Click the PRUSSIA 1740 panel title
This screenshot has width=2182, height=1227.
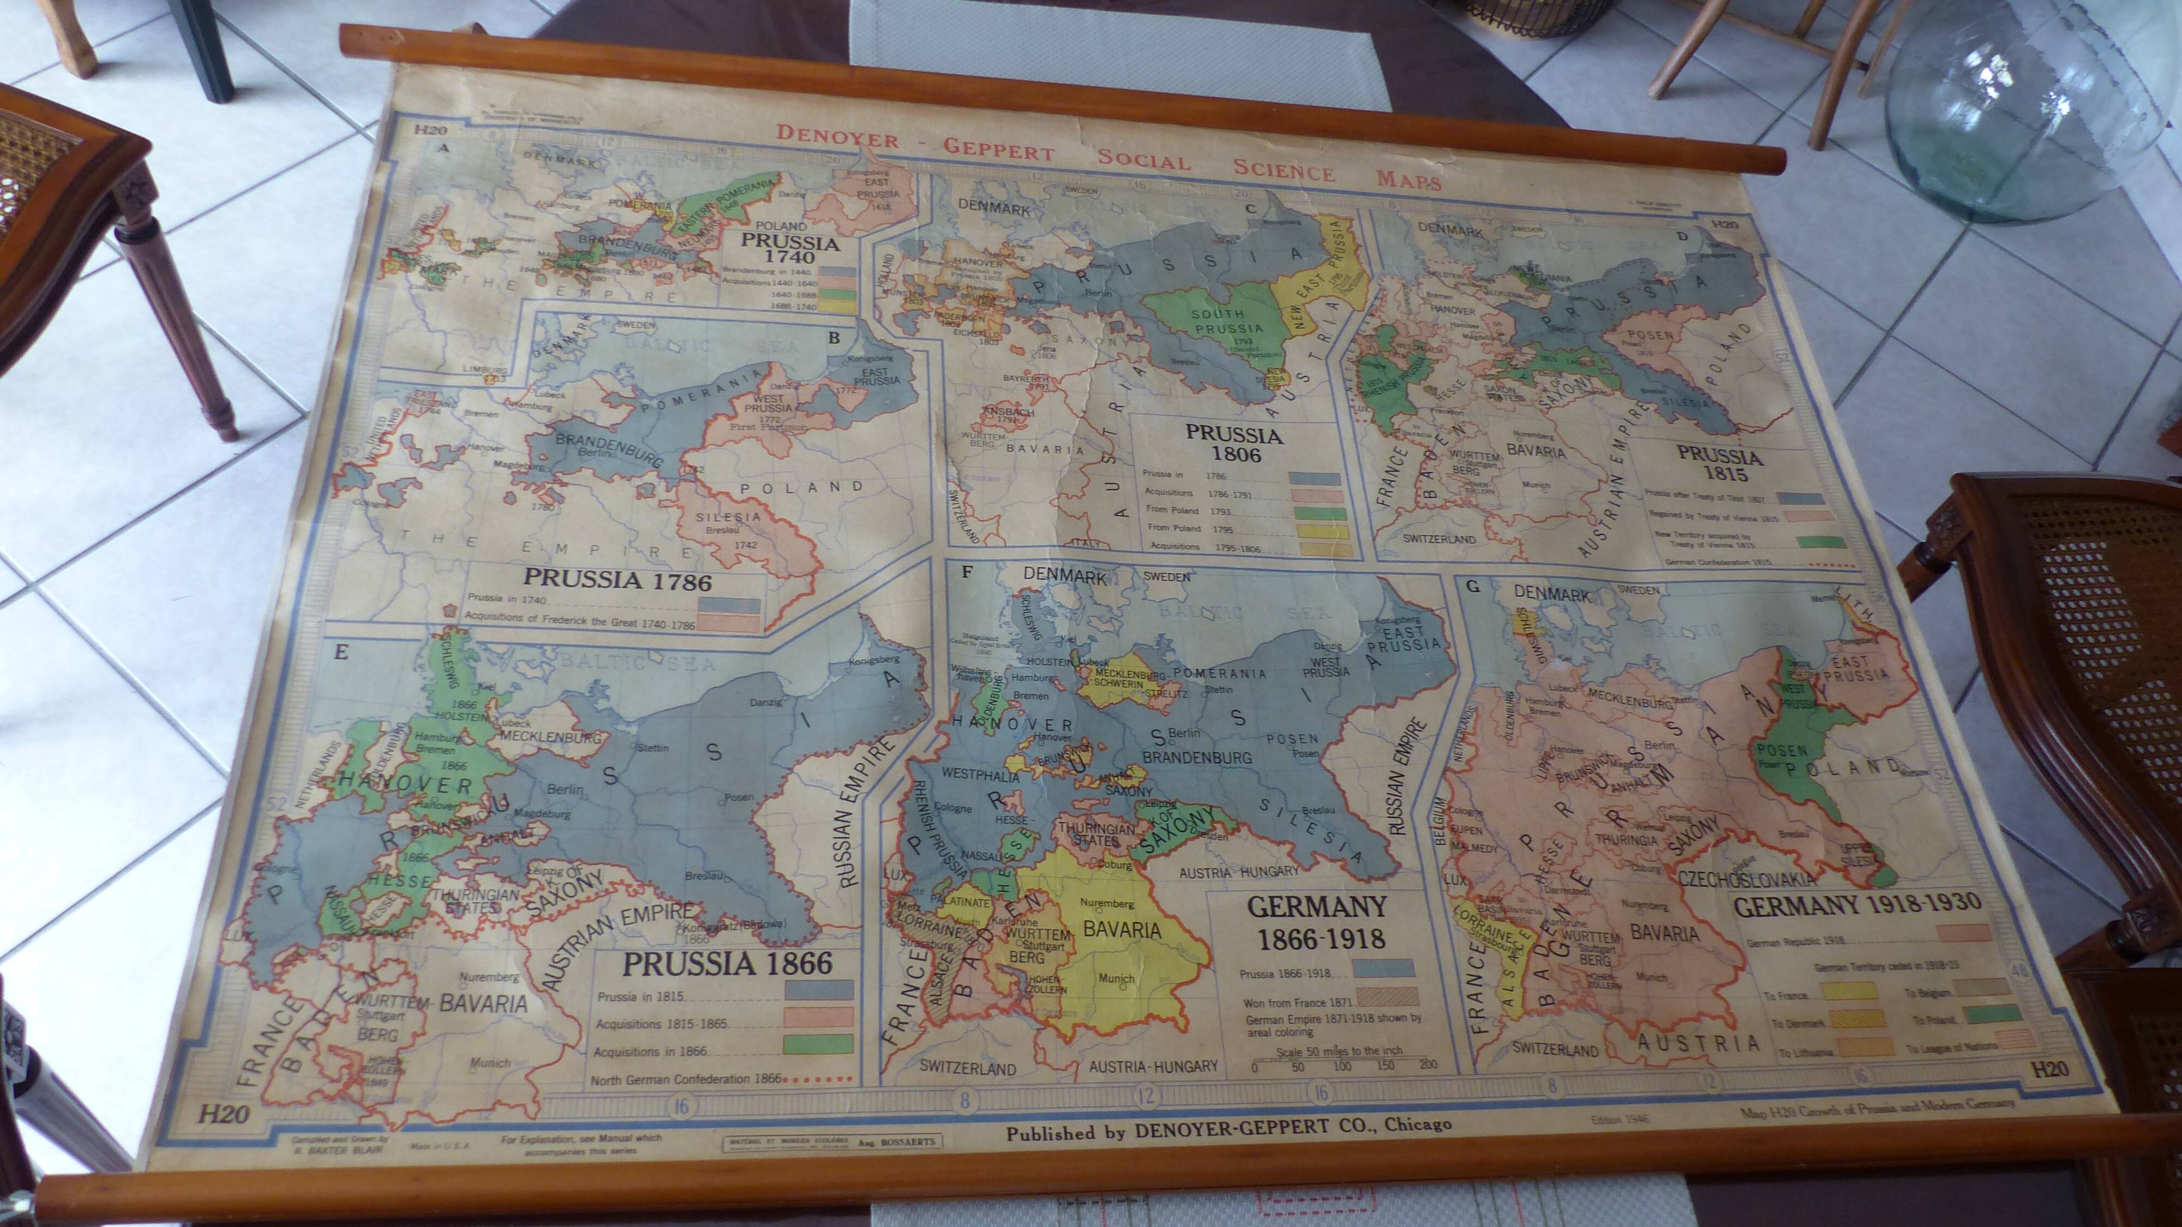pos(789,249)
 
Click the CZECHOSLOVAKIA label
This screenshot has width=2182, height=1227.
pos(1747,879)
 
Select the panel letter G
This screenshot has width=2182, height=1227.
pos(1473,586)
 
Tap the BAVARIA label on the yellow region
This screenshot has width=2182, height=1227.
pos(1122,929)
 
